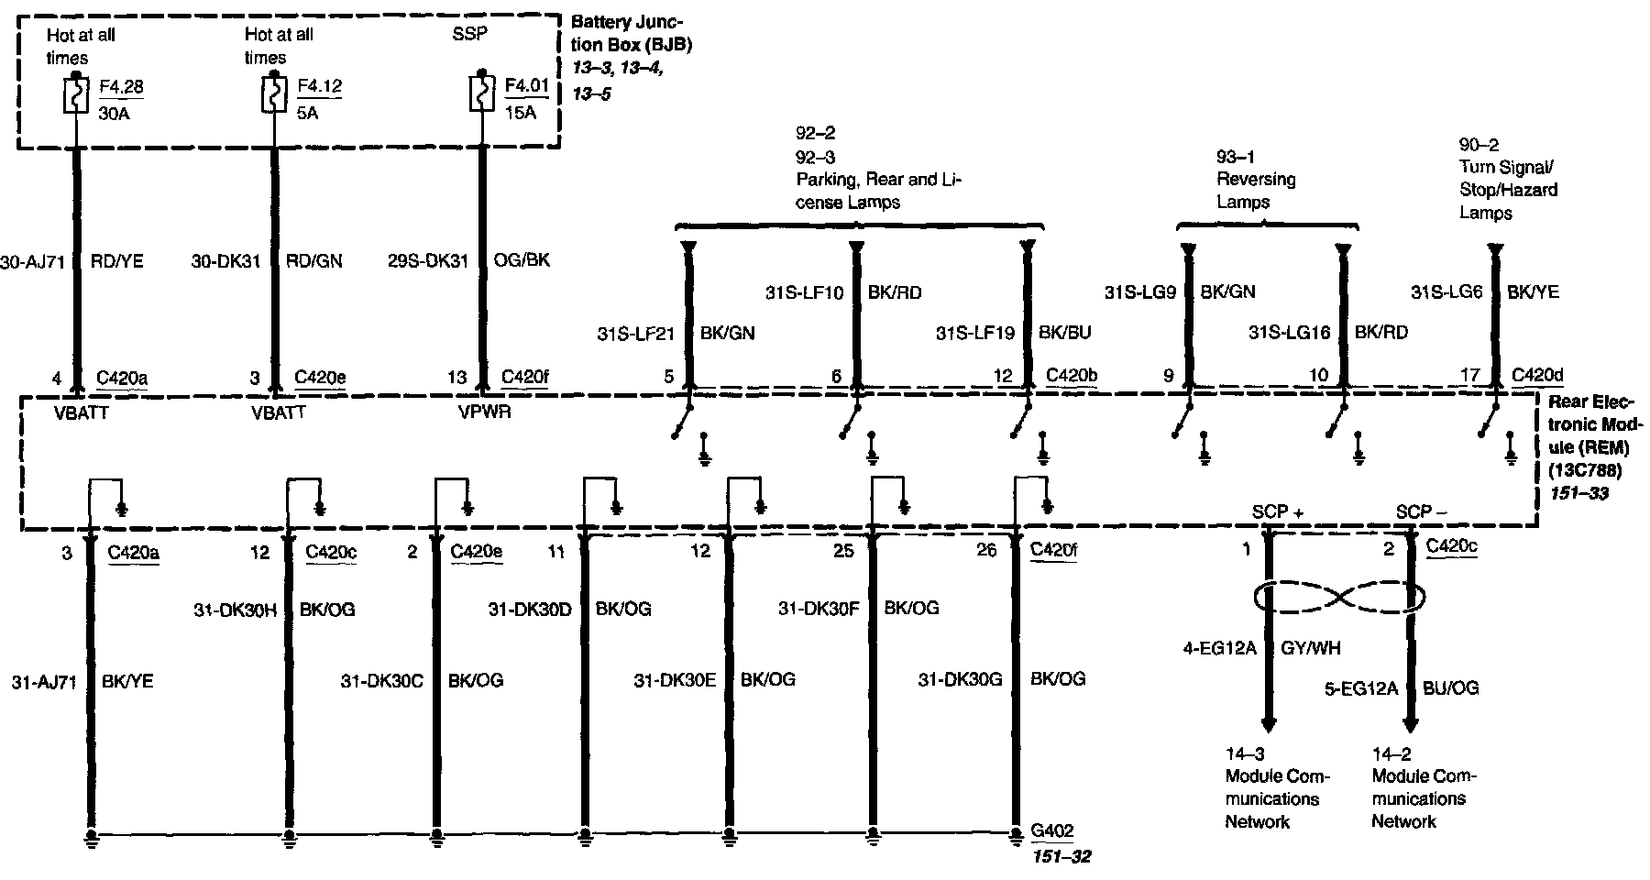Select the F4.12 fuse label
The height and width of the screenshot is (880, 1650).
coord(319,86)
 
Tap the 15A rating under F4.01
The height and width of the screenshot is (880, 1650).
coord(519,113)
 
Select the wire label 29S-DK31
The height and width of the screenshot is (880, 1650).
coord(428,261)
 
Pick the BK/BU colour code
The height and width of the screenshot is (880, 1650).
coord(1065,333)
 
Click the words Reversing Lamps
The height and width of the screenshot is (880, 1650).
coord(1256,190)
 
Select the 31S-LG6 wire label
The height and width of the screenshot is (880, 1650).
coord(1446,292)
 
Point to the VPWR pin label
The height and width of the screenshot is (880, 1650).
coord(484,412)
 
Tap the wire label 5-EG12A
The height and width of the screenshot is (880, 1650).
coord(1360,687)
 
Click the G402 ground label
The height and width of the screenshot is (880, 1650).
coord(1052,831)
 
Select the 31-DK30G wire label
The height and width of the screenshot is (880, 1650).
coord(960,679)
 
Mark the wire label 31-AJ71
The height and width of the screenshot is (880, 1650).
coord(43,682)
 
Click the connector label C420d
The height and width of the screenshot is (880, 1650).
coord(1537,375)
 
